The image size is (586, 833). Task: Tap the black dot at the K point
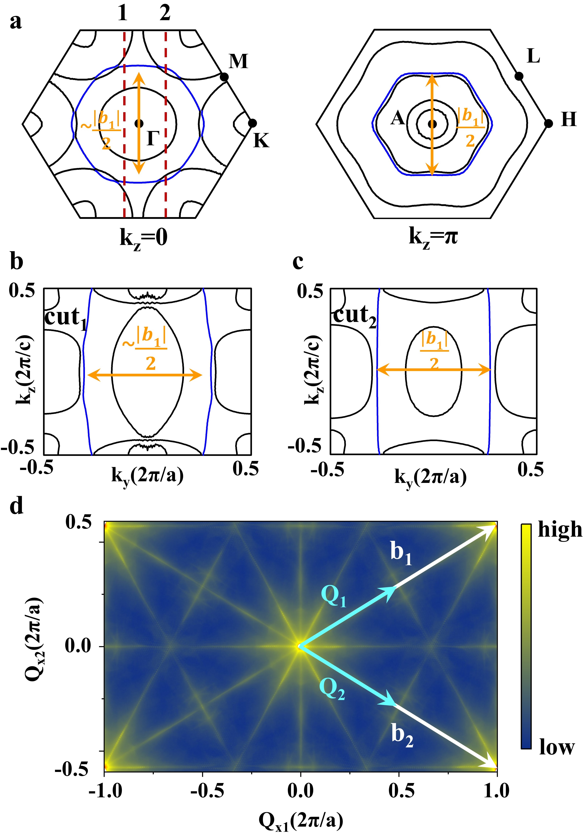[x=252, y=123]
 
